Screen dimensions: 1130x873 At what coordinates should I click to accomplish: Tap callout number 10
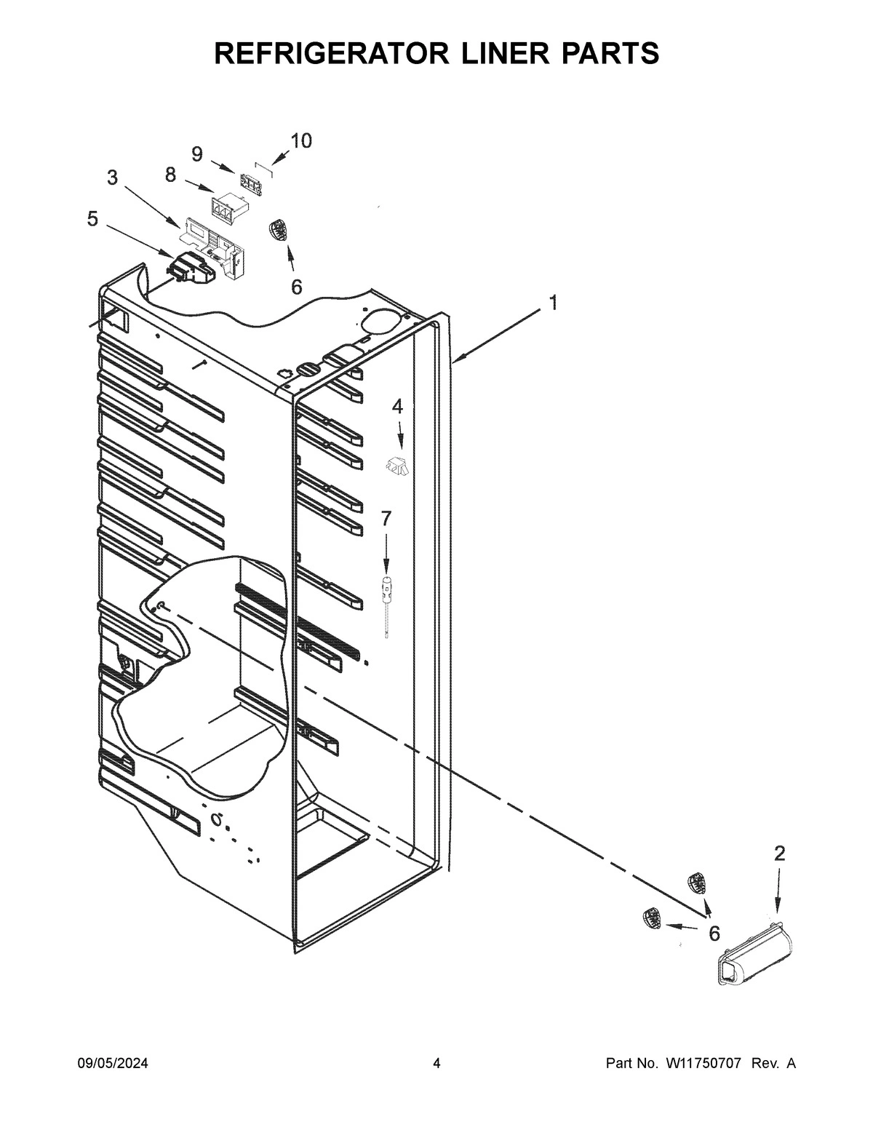(x=300, y=140)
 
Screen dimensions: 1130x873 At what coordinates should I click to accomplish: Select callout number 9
(x=197, y=154)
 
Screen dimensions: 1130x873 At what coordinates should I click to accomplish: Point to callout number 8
(x=170, y=175)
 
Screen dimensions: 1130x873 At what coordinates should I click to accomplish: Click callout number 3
(x=112, y=178)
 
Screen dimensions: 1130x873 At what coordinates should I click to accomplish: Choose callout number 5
(x=92, y=218)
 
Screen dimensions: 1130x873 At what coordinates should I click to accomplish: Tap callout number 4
(x=397, y=406)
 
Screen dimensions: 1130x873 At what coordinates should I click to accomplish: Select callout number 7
(x=386, y=518)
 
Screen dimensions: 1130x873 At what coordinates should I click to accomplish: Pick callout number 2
(x=779, y=854)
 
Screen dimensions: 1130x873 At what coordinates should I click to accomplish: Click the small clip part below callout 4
(x=396, y=465)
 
